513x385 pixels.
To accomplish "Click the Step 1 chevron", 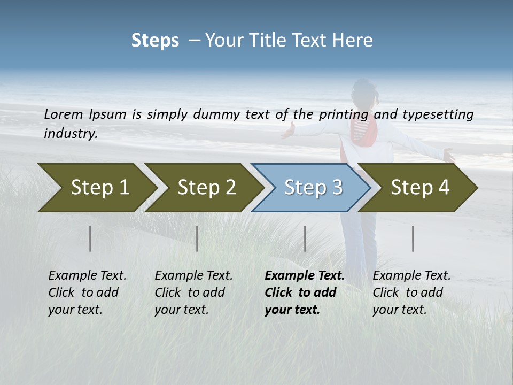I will pyautogui.click(x=99, y=187).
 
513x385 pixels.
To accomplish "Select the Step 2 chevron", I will pyautogui.click(x=206, y=187).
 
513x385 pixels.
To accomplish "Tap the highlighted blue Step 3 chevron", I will pyautogui.click(x=313, y=187).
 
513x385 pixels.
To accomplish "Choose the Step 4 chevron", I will pyautogui.click(x=419, y=187).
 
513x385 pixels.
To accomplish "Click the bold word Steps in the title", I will pyautogui.click(x=155, y=41).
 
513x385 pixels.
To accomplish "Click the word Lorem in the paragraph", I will pyautogui.click(x=63, y=114).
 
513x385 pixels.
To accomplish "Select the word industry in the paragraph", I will pyautogui.click(x=69, y=134).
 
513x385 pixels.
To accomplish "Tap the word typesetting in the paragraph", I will pyautogui.click(x=437, y=114).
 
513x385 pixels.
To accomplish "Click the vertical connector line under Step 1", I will pyautogui.click(x=90, y=238).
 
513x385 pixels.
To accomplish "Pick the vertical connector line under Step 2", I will pyautogui.click(x=197, y=238).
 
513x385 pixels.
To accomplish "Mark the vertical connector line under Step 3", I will pyautogui.click(x=305, y=238).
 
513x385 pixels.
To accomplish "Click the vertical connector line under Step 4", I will pyautogui.click(x=413, y=238).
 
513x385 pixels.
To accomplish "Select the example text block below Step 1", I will pyautogui.click(x=87, y=292).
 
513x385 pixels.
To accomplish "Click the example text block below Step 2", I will pyautogui.click(x=193, y=292).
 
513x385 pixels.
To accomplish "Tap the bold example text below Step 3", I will pyautogui.click(x=304, y=292).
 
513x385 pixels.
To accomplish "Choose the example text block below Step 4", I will pyautogui.click(x=411, y=292).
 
